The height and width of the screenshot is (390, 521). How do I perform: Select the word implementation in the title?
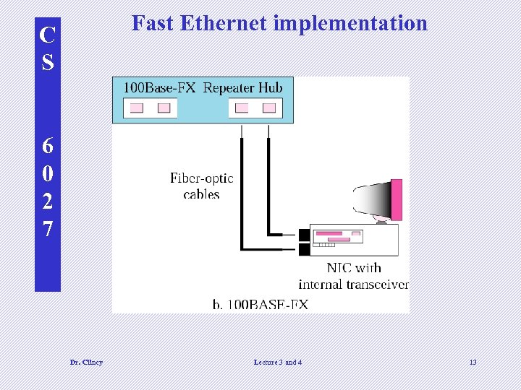pyautogui.click(x=350, y=24)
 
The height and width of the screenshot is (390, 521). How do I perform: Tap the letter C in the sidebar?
pyautogui.click(x=48, y=35)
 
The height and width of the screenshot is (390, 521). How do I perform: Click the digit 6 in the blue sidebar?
pyautogui.click(x=48, y=146)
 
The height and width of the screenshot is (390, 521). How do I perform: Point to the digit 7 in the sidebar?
pyautogui.click(x=48, y=230)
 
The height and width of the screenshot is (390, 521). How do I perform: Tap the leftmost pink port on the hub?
pyautogui.click(x=136, y=108)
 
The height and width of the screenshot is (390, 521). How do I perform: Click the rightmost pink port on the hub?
pyautogui.click(x=269, y=108)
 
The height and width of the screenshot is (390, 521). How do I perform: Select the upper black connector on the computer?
pyautogui.click(x=304, y=235)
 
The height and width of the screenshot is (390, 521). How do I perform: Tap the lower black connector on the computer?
pyautogui.click(x=304, y=250)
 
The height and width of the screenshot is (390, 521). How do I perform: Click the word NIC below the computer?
pyautogui.click(x=339, y=269)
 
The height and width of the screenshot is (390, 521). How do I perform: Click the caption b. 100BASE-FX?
pyautogui.click(x=260, y=305)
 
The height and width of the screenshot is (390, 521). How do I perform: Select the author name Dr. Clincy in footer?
pyautogui.click(x=86, y=362)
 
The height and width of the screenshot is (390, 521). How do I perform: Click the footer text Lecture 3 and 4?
pyautogui.click(x=278, y=362)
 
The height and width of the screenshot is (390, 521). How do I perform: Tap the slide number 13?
pyautogui.click(x=473, y=362)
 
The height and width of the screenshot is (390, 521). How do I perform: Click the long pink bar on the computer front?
pyautogui.click(x=329, y=234)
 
